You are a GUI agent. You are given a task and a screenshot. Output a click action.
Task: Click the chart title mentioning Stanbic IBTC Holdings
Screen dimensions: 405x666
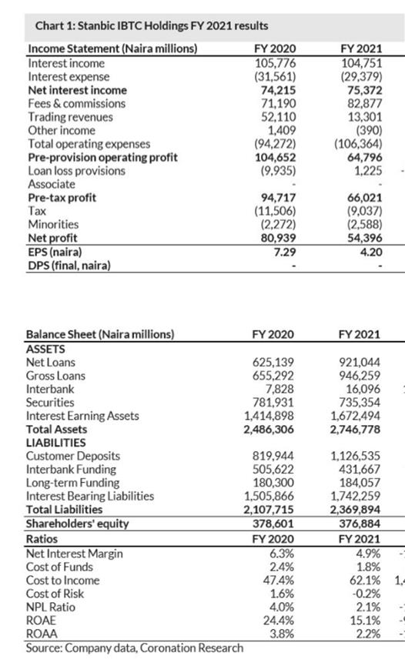(152, 26)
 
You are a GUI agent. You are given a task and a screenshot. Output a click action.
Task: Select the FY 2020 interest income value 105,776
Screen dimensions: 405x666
(275, 63)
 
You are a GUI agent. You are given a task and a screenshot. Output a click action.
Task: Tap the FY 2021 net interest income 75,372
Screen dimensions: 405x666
(362, 90)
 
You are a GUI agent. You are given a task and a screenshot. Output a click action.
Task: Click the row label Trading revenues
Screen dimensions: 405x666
(71, 117)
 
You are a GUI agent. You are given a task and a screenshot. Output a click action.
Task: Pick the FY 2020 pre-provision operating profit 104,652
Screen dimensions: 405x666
(275, 157)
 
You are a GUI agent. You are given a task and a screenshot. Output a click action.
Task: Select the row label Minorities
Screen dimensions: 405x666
(53, 224)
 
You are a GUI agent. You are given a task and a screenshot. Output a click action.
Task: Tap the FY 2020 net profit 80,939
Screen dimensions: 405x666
(278, 238)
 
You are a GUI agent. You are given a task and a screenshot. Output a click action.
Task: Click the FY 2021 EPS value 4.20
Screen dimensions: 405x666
(370, 252)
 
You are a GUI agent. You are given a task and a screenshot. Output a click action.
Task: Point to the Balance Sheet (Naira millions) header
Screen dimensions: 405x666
(100, 334)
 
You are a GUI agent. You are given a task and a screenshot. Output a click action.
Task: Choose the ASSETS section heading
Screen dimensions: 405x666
(45, 349)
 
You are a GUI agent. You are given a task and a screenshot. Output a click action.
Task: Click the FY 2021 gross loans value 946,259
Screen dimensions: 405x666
(360, 376)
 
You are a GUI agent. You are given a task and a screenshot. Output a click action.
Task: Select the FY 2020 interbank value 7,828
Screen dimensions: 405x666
(279, 389)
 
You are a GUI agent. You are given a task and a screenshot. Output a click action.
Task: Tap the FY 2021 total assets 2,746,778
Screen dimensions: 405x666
(355, 430)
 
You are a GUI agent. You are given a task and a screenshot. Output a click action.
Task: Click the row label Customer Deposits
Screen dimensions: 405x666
(73, 456)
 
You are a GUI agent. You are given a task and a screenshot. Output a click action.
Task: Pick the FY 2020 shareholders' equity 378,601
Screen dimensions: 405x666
(273, 524)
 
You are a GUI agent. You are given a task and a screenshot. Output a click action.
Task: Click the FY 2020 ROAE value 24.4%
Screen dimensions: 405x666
(279, 620)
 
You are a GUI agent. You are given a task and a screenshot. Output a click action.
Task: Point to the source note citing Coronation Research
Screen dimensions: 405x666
(135, 648)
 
